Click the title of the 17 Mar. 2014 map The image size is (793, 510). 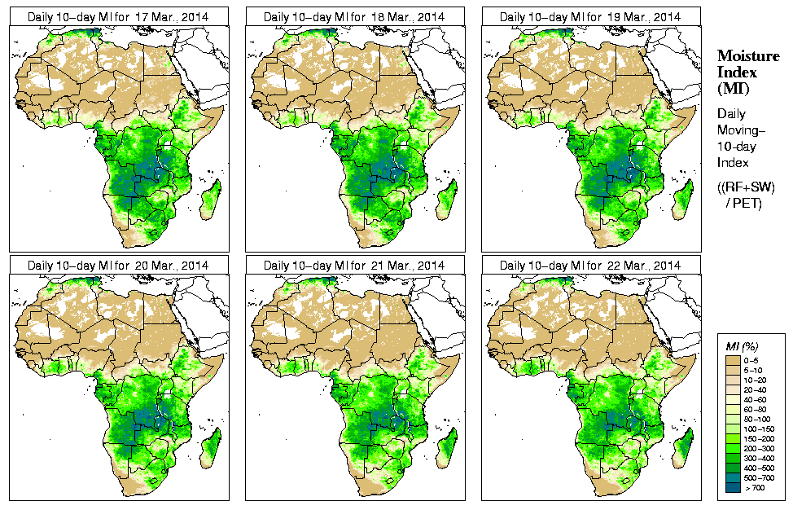(118, 16)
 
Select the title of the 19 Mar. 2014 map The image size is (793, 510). (590, 16)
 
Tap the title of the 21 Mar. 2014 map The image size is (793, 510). (354, 266)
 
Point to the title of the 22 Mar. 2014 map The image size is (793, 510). (590, 266)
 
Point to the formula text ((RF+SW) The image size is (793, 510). (745, 187)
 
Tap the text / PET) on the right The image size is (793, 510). (744, 203)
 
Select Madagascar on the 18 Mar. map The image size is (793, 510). (447, 197)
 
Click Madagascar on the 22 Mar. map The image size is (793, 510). (683, 446)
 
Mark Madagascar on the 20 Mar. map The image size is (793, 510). (211, 446)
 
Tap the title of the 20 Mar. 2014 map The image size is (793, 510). (118, 266)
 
